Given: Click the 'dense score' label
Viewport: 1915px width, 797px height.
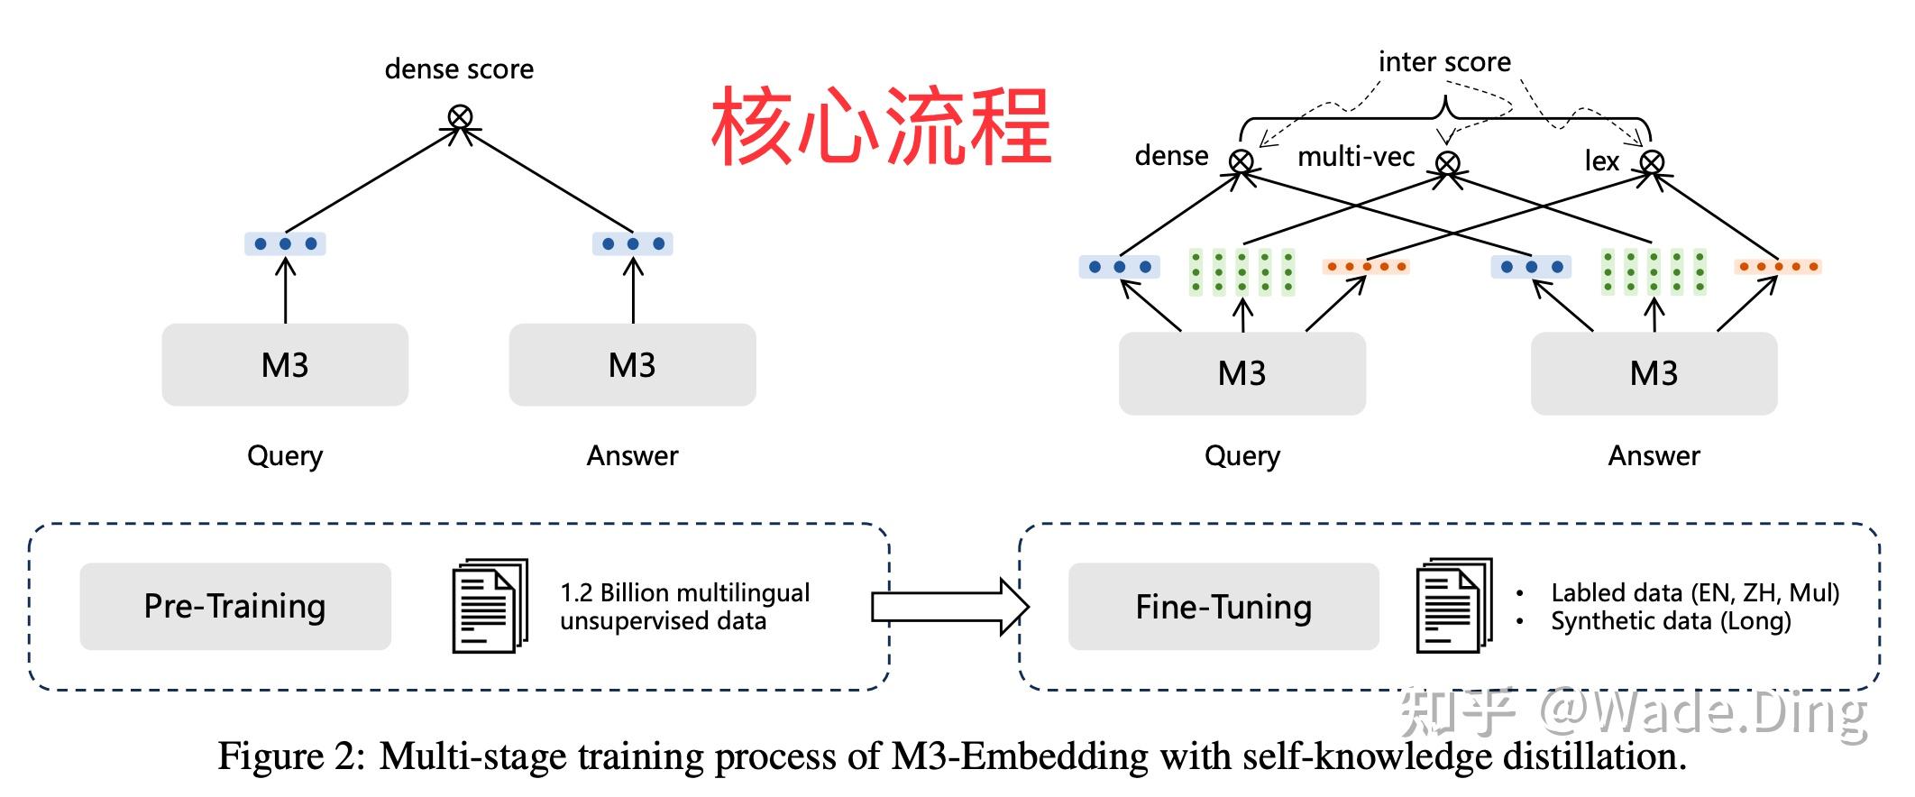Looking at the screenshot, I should pos(459,69).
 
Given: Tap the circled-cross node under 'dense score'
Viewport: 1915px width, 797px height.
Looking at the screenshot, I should pos(461,116).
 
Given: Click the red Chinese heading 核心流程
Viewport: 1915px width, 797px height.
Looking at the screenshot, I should pos(881,126).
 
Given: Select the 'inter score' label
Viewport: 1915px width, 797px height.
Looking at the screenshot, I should pos(1444,62).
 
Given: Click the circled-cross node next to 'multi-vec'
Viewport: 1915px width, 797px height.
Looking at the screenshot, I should pos(1448,163).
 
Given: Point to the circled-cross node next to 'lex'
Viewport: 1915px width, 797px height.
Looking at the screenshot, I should pos(1652,162).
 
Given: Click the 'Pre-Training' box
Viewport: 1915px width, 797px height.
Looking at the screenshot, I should pos(235,606).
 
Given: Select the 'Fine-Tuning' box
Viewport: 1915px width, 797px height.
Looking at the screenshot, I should pos(1223,607).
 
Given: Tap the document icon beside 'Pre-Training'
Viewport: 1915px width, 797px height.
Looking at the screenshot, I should pos(489,605).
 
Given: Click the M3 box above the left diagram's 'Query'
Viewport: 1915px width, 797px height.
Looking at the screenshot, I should pos(285,365).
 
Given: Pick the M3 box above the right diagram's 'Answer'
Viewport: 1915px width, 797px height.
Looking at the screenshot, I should pos(1654,373).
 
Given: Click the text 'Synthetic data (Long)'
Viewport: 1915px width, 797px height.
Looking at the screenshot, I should pos(1671,621).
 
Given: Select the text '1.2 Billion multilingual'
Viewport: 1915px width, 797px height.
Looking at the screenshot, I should pos(684,592).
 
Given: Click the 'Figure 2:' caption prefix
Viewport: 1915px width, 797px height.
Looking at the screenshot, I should pos(291,756).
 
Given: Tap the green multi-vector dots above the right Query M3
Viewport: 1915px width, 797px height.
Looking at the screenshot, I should pos(1242,271).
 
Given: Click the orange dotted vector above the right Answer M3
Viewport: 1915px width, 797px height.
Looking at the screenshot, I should pos(1777,267).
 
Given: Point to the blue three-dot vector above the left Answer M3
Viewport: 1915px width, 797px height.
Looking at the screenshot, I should pos(633,243).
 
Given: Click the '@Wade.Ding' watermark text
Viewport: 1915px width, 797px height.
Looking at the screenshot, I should pos(1702,712).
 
